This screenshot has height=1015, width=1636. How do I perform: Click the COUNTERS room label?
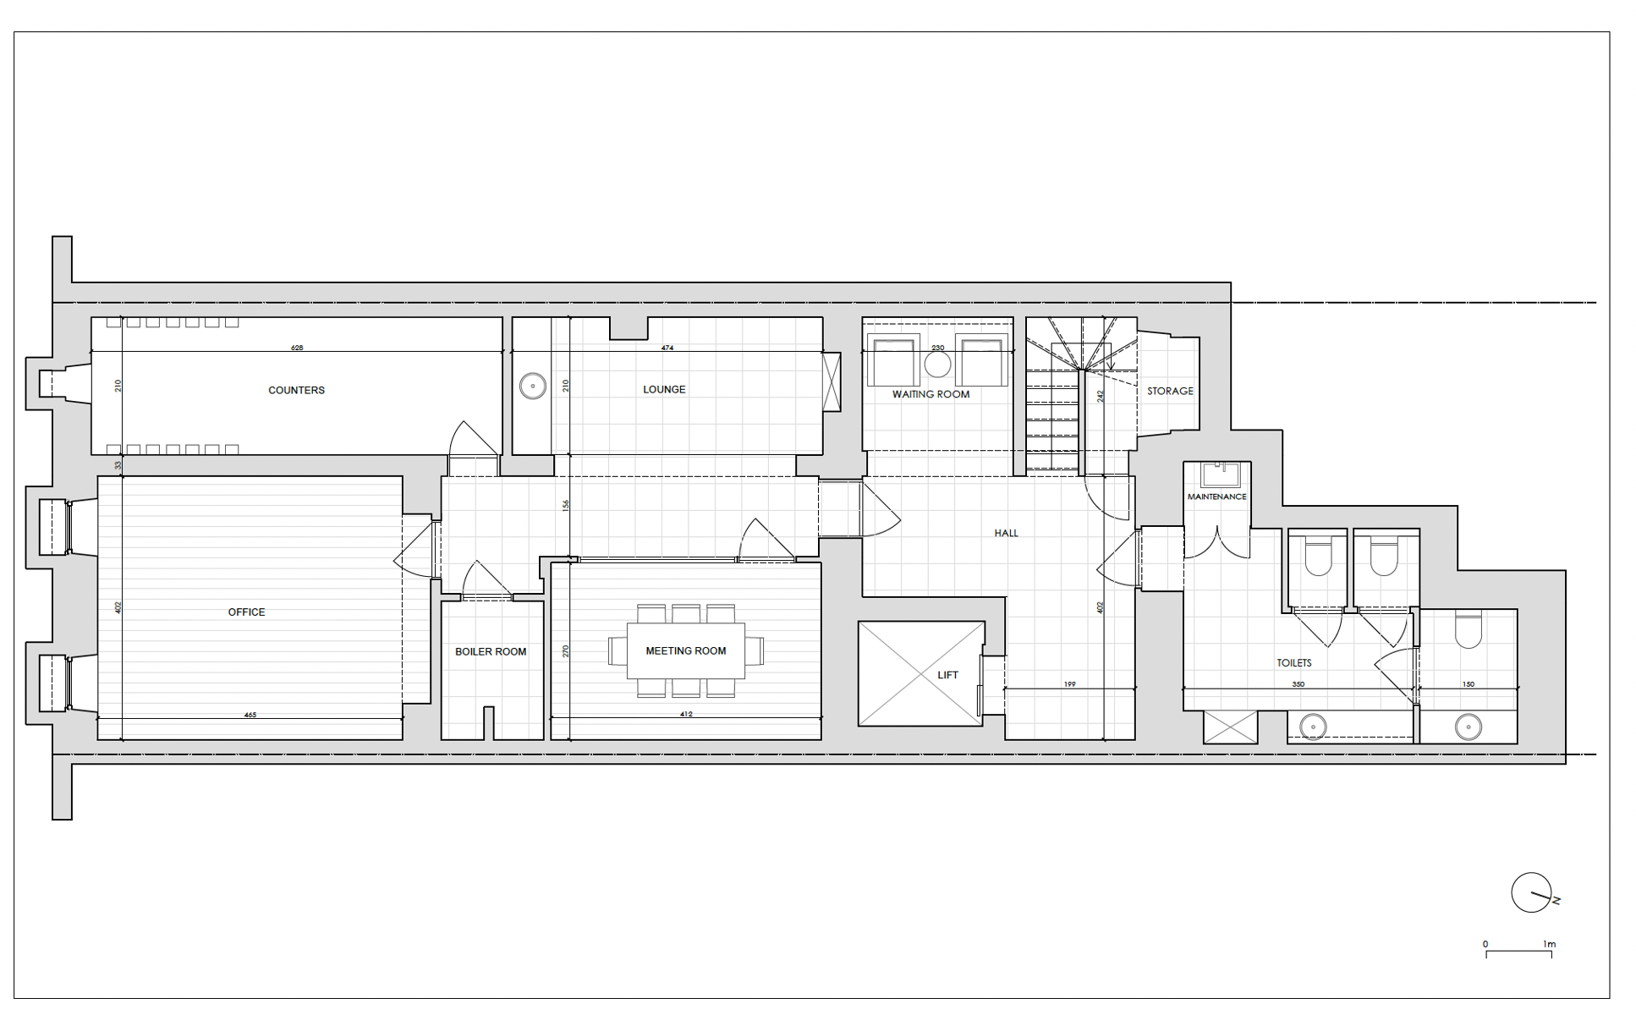click(296, 390)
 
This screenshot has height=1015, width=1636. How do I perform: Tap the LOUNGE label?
click(664, 389)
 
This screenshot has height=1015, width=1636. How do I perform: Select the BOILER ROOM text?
click(491, 651)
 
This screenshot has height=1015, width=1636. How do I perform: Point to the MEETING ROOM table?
click(686, 650)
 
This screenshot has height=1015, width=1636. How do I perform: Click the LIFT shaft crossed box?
click(921, 673)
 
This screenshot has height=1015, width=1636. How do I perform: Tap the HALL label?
click(1006, 533)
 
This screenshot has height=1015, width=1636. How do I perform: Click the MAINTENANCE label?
click(1216, 497)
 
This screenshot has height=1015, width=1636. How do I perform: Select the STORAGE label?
click(1170, 391)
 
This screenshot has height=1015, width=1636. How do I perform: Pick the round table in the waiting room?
click(937, 365)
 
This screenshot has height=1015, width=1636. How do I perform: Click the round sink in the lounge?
click(533, 386)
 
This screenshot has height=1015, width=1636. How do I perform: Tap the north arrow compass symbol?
click(1533, 893)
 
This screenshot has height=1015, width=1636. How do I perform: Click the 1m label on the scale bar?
click(1549, 944)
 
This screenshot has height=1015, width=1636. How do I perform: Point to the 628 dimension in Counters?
click(297, 348)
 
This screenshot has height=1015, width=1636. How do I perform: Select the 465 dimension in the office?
click(250, 715)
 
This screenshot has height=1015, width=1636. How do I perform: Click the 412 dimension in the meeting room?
click(686, 714)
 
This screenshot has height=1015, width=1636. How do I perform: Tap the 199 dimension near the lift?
click(1070, 684)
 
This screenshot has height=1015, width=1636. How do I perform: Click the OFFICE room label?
click(246, 612)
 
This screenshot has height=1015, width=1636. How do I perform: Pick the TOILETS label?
click(1294, 663)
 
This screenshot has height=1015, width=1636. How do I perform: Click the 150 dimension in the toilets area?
click(1469, 684)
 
